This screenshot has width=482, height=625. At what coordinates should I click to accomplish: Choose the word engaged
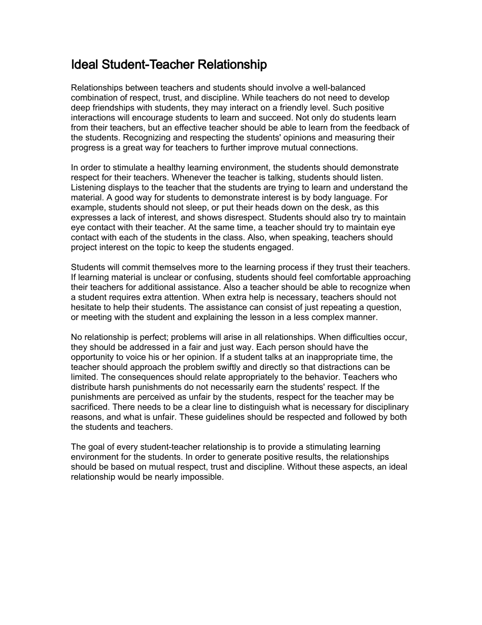pyautogui.click(x=277, y=247)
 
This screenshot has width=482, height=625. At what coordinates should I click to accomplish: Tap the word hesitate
pyautogui.click(x=88, y=307)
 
